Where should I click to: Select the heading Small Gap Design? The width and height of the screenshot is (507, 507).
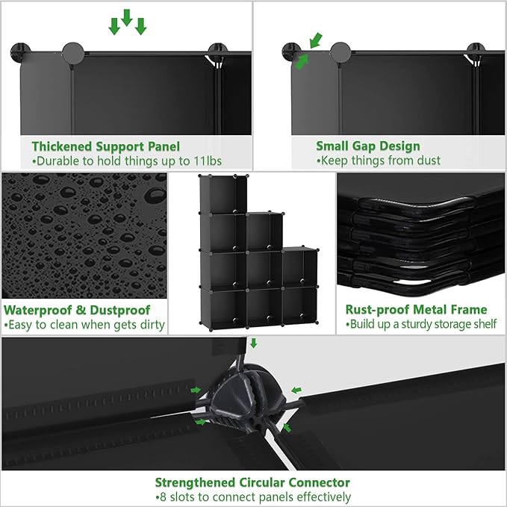click(x=367, y=146)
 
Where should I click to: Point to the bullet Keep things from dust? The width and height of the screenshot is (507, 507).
click(x=379, y=161)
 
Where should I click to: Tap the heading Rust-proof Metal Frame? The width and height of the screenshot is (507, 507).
click(x=416, y=310)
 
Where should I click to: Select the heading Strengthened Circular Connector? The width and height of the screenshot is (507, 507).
click(x=252, y=482)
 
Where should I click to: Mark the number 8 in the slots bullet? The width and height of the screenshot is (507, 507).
click(x=162, y=497)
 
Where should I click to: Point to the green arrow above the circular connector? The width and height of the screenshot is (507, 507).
click(x=253, y=343)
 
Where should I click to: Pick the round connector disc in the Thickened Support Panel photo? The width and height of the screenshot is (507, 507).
click(x=72, y=53)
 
